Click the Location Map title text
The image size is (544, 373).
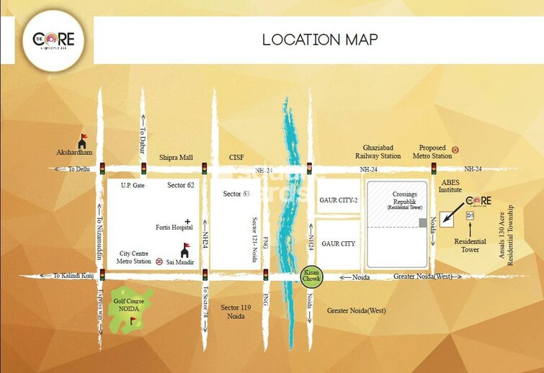click(x=319, y=39)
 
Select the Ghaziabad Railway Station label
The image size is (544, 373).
click(x=378, y=151)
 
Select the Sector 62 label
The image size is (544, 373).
click(x=182, y=185)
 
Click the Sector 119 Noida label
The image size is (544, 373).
click(x=236, y=312)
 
